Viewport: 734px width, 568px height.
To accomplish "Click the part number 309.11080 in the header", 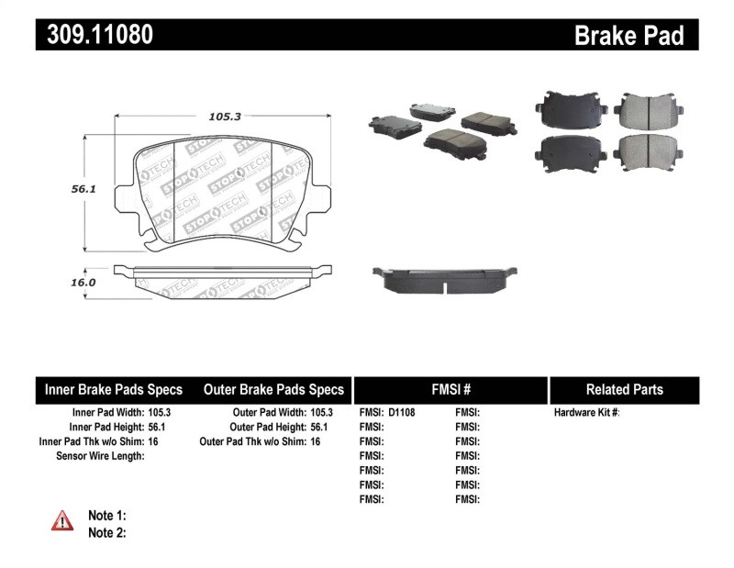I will pos(95,35).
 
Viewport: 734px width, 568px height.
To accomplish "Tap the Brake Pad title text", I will pos(628,35).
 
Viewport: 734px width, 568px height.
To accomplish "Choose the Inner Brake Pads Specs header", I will pos(114,389).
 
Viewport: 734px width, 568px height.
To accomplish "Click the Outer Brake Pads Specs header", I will pos(273,389).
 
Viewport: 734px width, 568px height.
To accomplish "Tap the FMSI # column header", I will pos(450,389).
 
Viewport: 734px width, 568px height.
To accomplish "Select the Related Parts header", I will pos(624,389).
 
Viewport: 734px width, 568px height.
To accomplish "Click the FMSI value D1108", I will pos(402,413).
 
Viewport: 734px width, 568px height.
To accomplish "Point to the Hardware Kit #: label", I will pos(587,413).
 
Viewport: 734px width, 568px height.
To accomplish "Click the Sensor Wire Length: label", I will pos(100,456).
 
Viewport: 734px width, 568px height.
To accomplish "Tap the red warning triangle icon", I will pos(61,521).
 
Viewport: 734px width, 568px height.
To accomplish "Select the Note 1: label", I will pos(106,516).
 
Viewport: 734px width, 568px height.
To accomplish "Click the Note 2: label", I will pos(106,532).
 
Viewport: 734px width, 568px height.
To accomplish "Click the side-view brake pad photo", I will pos(442,279).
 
